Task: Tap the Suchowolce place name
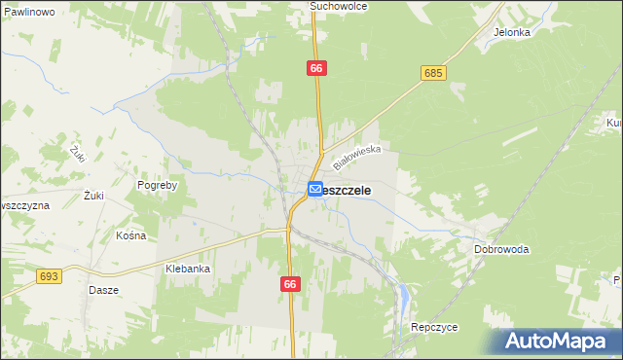[x=336, y=6]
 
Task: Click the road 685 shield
[x=434, y=73]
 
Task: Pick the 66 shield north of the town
[x=316, y=68]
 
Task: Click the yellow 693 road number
[x=50, y=277]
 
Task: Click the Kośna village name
[x=130, y=235]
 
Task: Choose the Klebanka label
[x=188, y=269]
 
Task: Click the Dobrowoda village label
[x=501, y=249]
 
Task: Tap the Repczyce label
[x=434, y=327]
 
